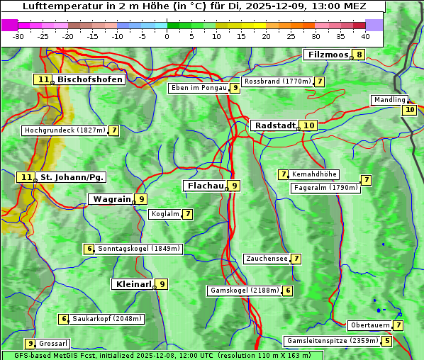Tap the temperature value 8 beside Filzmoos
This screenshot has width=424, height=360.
point(359,55)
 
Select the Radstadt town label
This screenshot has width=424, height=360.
point(275,125)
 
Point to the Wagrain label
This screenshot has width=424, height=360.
point(112,200)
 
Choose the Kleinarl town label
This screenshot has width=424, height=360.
point(133,284)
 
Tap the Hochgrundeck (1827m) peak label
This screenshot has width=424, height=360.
point(65,130)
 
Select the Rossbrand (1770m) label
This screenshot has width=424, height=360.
point(277,81)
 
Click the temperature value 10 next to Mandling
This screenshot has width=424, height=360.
point(409,110)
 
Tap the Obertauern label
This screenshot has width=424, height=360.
point(370,325)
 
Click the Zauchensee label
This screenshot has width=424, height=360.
point(267,259)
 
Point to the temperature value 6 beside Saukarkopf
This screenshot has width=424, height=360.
point(64,319)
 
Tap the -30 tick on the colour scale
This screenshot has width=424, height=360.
point(18,36)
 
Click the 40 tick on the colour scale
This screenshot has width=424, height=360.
point(365,36)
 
